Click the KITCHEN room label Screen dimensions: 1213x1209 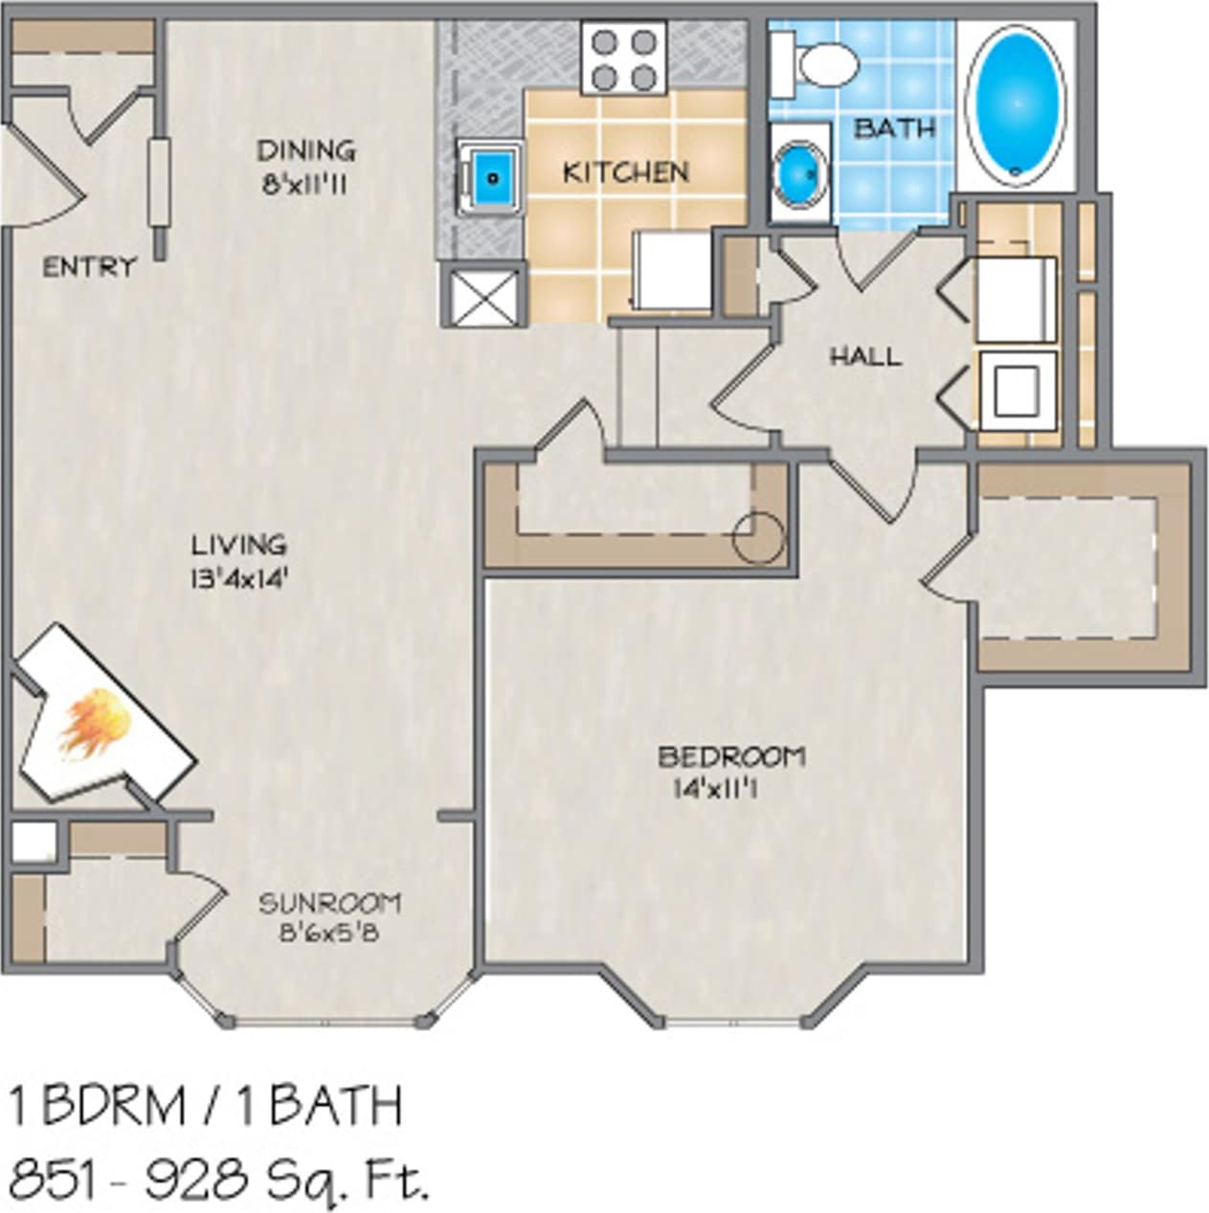pos(625,172)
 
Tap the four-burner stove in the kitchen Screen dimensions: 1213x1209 pos(624,59)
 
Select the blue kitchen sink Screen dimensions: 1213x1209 pos(492,177)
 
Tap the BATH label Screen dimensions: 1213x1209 pos(894,127)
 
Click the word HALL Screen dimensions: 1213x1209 pos(864,357)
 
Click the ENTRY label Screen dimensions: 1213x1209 pos(89,267)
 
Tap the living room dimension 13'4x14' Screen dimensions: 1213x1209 pos(239,578)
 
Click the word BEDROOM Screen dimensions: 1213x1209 pos(730,756)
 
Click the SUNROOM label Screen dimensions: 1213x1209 pos(330,902)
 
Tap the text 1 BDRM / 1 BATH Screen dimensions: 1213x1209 pos(206,1106)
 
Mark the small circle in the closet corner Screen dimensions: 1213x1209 pos(758,537)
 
